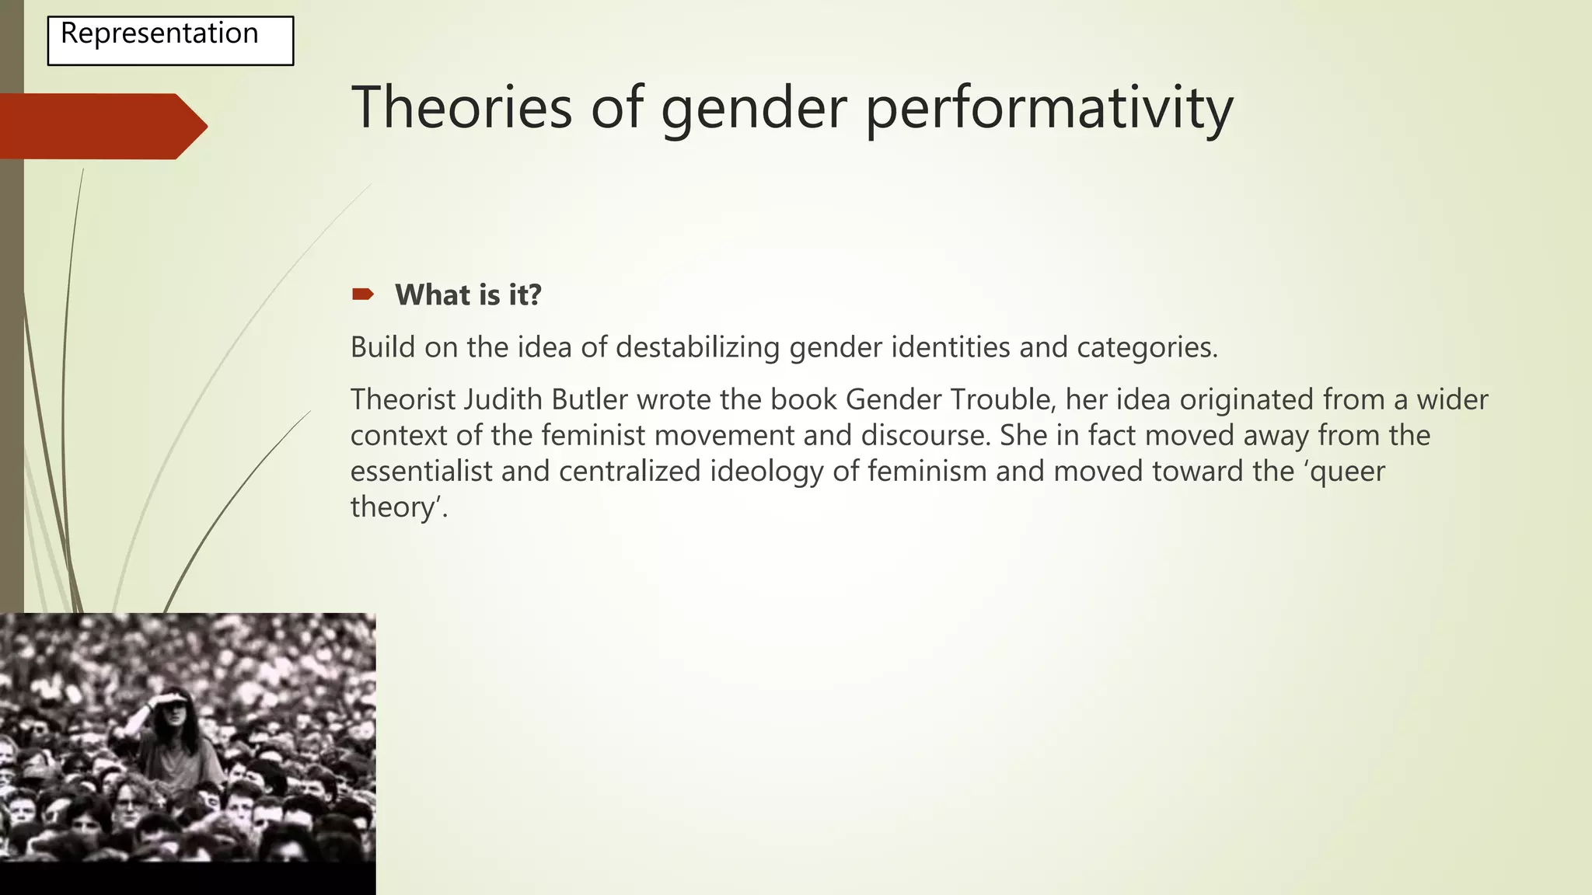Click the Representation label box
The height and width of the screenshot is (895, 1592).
click(170, 40)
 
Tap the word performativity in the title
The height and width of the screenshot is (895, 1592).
click(1049, 109)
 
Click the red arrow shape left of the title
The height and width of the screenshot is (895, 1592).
click(101, 126)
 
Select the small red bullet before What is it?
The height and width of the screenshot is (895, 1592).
click(363, 294)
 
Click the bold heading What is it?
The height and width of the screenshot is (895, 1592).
click(468, 295)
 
